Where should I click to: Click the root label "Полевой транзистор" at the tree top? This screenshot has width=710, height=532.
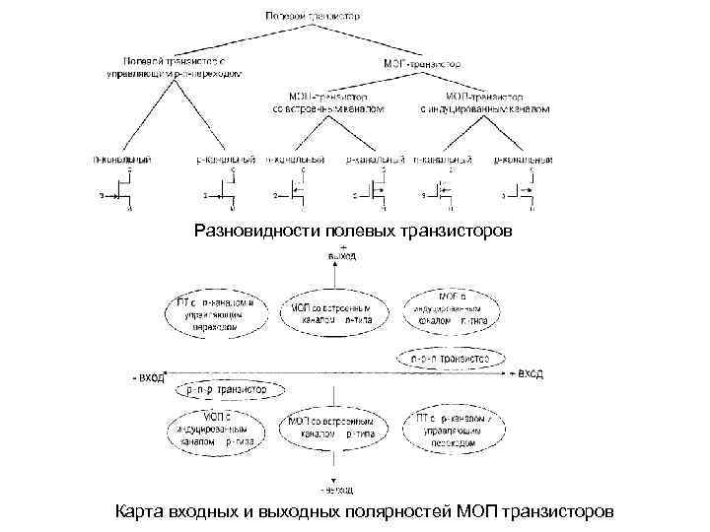(x=325, y=16)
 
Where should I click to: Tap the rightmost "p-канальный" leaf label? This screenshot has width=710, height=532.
(x=524, y=158)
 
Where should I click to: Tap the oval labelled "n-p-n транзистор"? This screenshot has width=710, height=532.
(x=449, y=360)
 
